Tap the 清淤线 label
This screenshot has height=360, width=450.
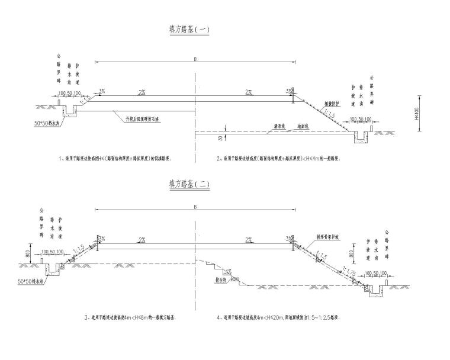[x=274, y=126]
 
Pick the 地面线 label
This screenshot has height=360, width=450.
[x=294, y=126]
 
